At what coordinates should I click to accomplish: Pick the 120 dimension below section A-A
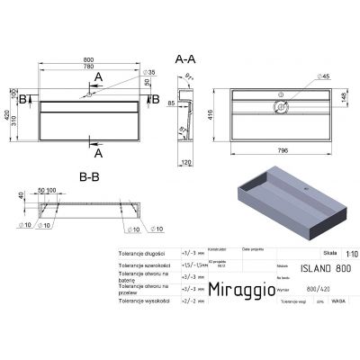[x=187, y=163]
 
